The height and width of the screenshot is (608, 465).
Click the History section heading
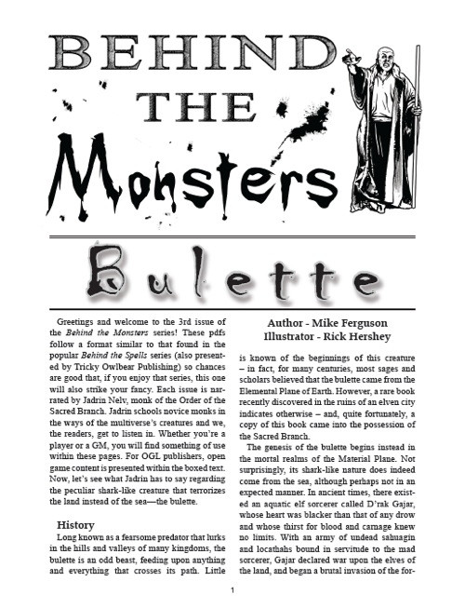76,524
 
